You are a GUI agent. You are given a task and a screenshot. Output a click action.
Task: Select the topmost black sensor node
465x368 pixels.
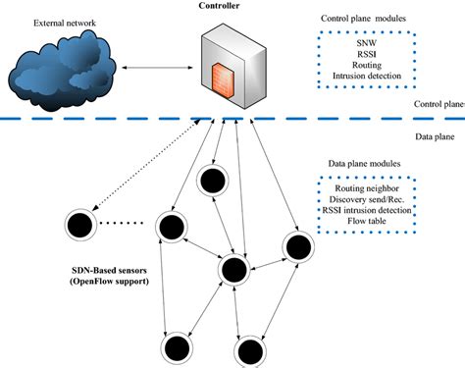click(x=211, y=181)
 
